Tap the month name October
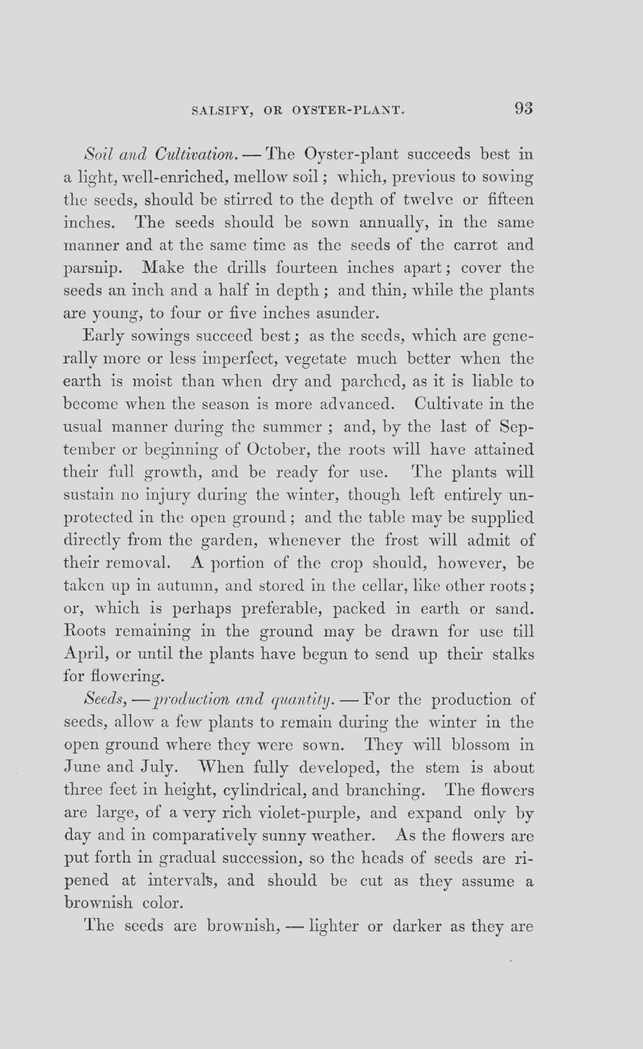tap(276, 449)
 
